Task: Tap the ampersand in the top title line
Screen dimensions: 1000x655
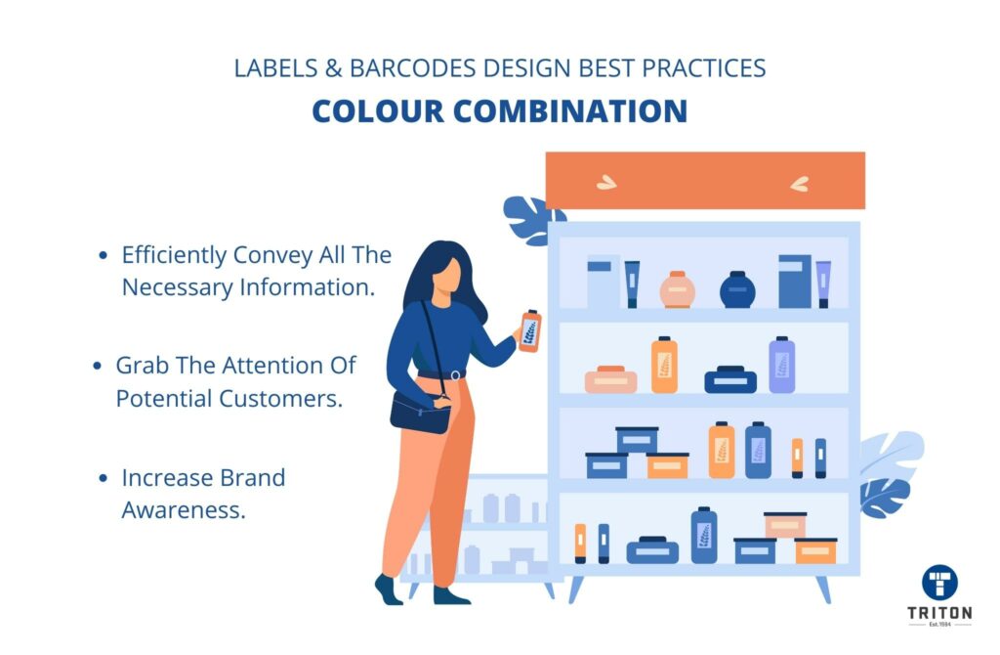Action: point(334,68)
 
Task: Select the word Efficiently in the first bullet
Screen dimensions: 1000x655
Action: point(174,255)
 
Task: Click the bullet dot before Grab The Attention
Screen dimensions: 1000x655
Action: point(97,366)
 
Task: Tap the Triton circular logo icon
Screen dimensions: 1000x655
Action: point(939,583)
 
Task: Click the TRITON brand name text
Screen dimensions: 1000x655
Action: point(939,613)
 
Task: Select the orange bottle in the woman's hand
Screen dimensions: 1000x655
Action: point(530,330)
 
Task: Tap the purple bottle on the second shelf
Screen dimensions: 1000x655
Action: point(782,365)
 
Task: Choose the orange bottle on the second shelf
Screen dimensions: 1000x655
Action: point(664,365)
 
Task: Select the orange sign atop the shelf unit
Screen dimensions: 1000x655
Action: point(705,180)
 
